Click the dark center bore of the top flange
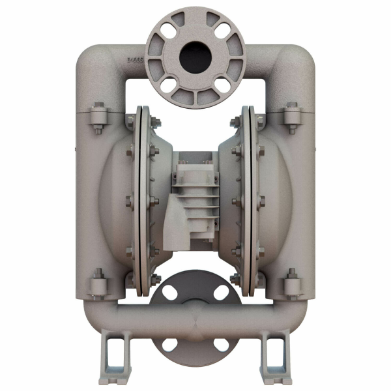coord(195,55)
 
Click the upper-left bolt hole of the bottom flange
coord(170,293)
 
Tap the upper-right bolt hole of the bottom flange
coord(221,293)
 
